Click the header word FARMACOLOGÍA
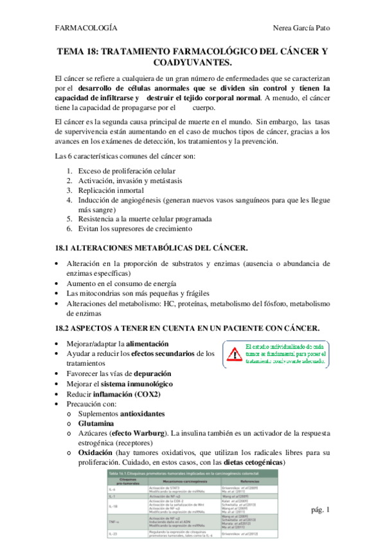[87, 28]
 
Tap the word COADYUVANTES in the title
[193, 62]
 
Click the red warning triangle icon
[233, 353]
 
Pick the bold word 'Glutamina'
[98, 424]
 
